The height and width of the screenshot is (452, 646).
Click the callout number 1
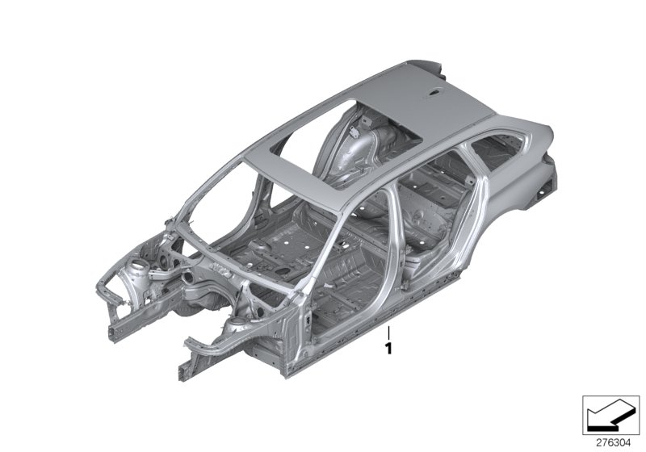[388, 349]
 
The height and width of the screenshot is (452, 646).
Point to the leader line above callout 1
[388, 332]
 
